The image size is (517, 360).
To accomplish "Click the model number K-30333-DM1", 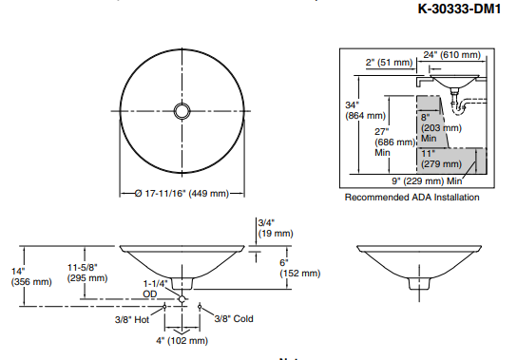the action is (459, 9).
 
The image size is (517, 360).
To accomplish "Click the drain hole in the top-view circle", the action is (182, 111).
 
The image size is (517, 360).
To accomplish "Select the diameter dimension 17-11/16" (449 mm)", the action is (182, 193).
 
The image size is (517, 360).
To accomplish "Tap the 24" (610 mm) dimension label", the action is (451, 55).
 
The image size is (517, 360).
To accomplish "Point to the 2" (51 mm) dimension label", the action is (389, 63).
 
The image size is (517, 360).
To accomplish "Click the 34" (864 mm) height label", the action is (365, 110).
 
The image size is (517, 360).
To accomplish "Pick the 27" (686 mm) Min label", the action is (395, 142).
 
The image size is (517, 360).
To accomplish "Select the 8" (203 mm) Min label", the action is (441, 127).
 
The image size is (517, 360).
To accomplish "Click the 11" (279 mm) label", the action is (441, 159).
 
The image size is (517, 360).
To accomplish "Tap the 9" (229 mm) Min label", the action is (427, 181).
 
